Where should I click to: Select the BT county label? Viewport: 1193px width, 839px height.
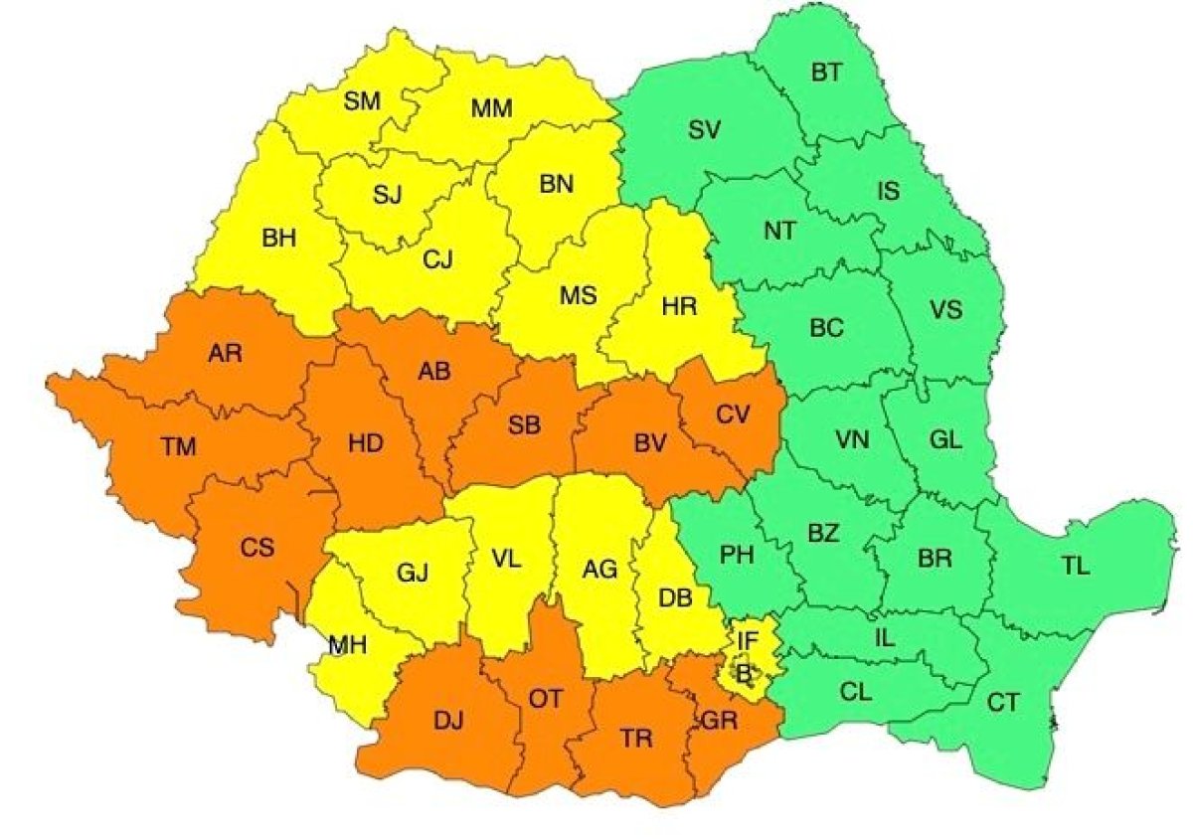click(826, 72)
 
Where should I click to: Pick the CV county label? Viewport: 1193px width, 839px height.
click(732, 413)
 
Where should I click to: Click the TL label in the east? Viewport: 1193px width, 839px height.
click(1075, 568)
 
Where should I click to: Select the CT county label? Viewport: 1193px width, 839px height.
click(1003, 703)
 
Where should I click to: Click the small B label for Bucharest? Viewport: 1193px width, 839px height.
click(744, 673)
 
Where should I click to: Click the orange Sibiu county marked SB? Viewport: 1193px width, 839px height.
click(524, 426)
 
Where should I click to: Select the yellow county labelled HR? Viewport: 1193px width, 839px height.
click(680, 307)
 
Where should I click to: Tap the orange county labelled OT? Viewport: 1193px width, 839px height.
click(545, 700)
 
